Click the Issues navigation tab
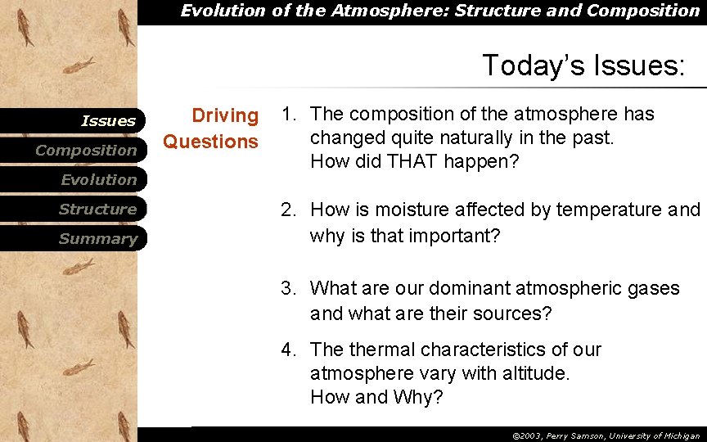coord(108,121)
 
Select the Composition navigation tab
coord(86,151)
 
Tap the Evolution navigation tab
coord(98,180)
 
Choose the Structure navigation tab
coord(97,210)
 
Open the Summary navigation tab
coord(97,239)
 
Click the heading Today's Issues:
coord(583,65)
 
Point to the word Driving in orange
coord(224,116)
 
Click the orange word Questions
coord(210,142)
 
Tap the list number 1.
coord(287,114)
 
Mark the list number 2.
coord(287,210)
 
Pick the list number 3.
coord(287,288)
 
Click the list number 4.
coord(287,350)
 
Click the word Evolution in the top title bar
coord(216,11)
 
